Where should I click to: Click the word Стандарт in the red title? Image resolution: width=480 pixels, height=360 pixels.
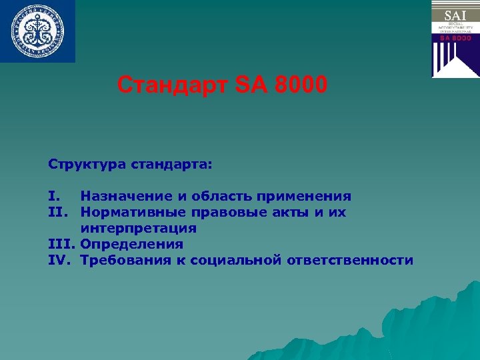tap(173, 85)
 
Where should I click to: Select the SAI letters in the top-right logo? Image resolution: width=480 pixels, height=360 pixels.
tap(455, 13)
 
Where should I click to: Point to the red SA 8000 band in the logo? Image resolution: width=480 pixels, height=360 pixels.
tap(455, 39)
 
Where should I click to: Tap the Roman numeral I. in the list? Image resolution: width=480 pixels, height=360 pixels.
tap(55, 196)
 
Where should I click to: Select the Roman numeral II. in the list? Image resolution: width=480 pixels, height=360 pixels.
tap(58, 212)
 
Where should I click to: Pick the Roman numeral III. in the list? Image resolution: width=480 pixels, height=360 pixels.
tap(61, 244)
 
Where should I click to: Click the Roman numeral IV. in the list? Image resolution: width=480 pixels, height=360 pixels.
tap(61, 260)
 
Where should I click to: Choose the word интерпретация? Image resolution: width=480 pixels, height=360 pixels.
tap(138, 228)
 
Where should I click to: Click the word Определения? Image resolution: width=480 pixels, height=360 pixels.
tap(131, 244)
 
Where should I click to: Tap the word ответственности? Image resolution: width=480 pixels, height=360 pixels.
tap(350, 260)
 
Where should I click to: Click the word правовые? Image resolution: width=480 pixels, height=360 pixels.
tap(230, 212)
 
